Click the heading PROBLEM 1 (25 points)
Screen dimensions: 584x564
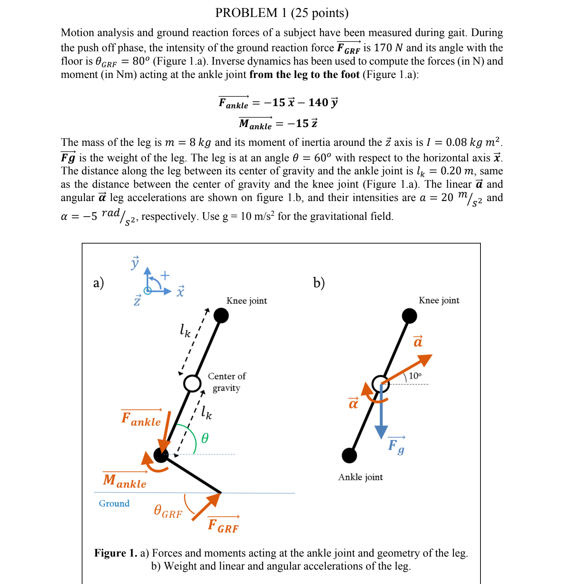point(282,13)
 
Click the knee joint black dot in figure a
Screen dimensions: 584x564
point(221,315)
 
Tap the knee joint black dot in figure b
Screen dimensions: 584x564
point(409,316)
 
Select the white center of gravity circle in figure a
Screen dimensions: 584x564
point(192,383)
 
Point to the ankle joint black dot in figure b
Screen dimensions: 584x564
point(349,456)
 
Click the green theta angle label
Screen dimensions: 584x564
point(205,439)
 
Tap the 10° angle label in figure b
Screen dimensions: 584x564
point(415,376)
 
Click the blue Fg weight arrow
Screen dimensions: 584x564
point(381,415)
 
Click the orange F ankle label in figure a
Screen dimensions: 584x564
point(141,419)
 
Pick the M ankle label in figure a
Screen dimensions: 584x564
point(125,481)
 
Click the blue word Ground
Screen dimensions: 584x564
point(114,504)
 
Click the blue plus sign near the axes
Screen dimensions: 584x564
point(165,275)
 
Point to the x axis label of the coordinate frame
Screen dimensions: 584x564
point(180,291)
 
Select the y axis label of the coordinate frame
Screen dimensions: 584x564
point(135,262)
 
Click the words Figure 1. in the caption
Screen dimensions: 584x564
point(116,553)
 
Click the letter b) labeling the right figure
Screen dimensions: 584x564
point(319,283)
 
